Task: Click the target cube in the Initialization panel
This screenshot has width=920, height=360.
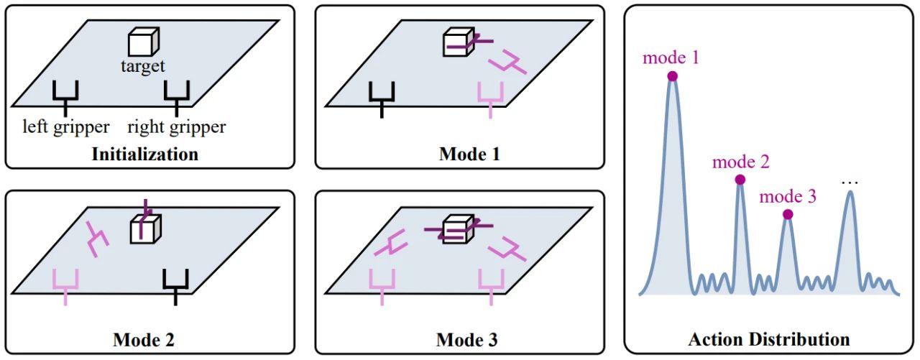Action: (x=143, y=42)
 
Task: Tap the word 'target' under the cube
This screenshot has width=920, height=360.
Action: (x=143, y=65)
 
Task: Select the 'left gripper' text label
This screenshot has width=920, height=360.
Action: (x=65, y=127)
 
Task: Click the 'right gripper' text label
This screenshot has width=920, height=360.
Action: (x=177, y=127)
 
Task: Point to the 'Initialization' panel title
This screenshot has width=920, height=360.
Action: (x=145, y=154)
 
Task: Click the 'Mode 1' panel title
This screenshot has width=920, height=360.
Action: (x=469, y=154)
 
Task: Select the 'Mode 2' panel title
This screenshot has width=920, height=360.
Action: (x=144, y=340)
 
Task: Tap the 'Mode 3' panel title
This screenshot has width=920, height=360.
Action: (x=466, y=340)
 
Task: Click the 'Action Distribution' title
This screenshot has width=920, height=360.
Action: (x=769, y=339)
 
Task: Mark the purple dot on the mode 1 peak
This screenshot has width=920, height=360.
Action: (x=672, y=76)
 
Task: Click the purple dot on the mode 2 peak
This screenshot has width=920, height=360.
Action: (x=740, y=180)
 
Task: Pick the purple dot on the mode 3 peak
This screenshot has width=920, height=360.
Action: (x=788, y=214)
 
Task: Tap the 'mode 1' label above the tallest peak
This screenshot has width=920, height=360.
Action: (x=671, y=58)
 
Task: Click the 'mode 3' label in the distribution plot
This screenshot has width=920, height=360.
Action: (x=788, y=197)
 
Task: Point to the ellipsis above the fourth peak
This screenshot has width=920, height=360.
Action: (x=850, y=183)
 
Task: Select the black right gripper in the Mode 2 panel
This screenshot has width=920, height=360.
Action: (x=176, y=287)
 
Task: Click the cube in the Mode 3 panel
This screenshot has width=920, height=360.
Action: (x=459, y=229)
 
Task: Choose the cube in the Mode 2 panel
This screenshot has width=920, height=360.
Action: (x=146, y=230)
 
